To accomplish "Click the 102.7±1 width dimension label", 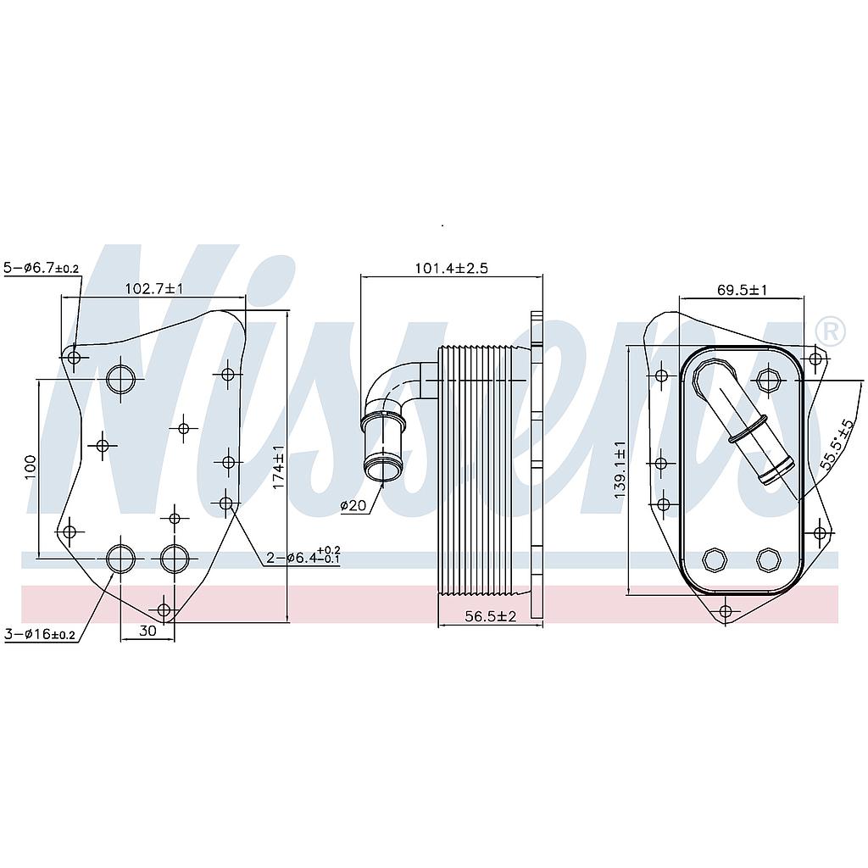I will pos(154,288).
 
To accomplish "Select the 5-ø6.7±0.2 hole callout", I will pos(42,268).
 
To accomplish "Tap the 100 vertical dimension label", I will pos(31,467).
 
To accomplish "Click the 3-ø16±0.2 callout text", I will pos(40,634).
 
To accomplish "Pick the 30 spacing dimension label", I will pos(147,631).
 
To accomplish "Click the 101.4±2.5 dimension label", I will pos(451,268).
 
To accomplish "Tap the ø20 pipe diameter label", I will pos(353,506).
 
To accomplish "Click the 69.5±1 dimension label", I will pos(742,290).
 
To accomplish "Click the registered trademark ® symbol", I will pos(829,331).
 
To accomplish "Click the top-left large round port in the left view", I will pos(120,378).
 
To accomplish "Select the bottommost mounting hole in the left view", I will pos(164,609).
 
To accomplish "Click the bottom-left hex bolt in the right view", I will pos(715,559).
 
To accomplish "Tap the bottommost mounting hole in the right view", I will pos(726,611).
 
